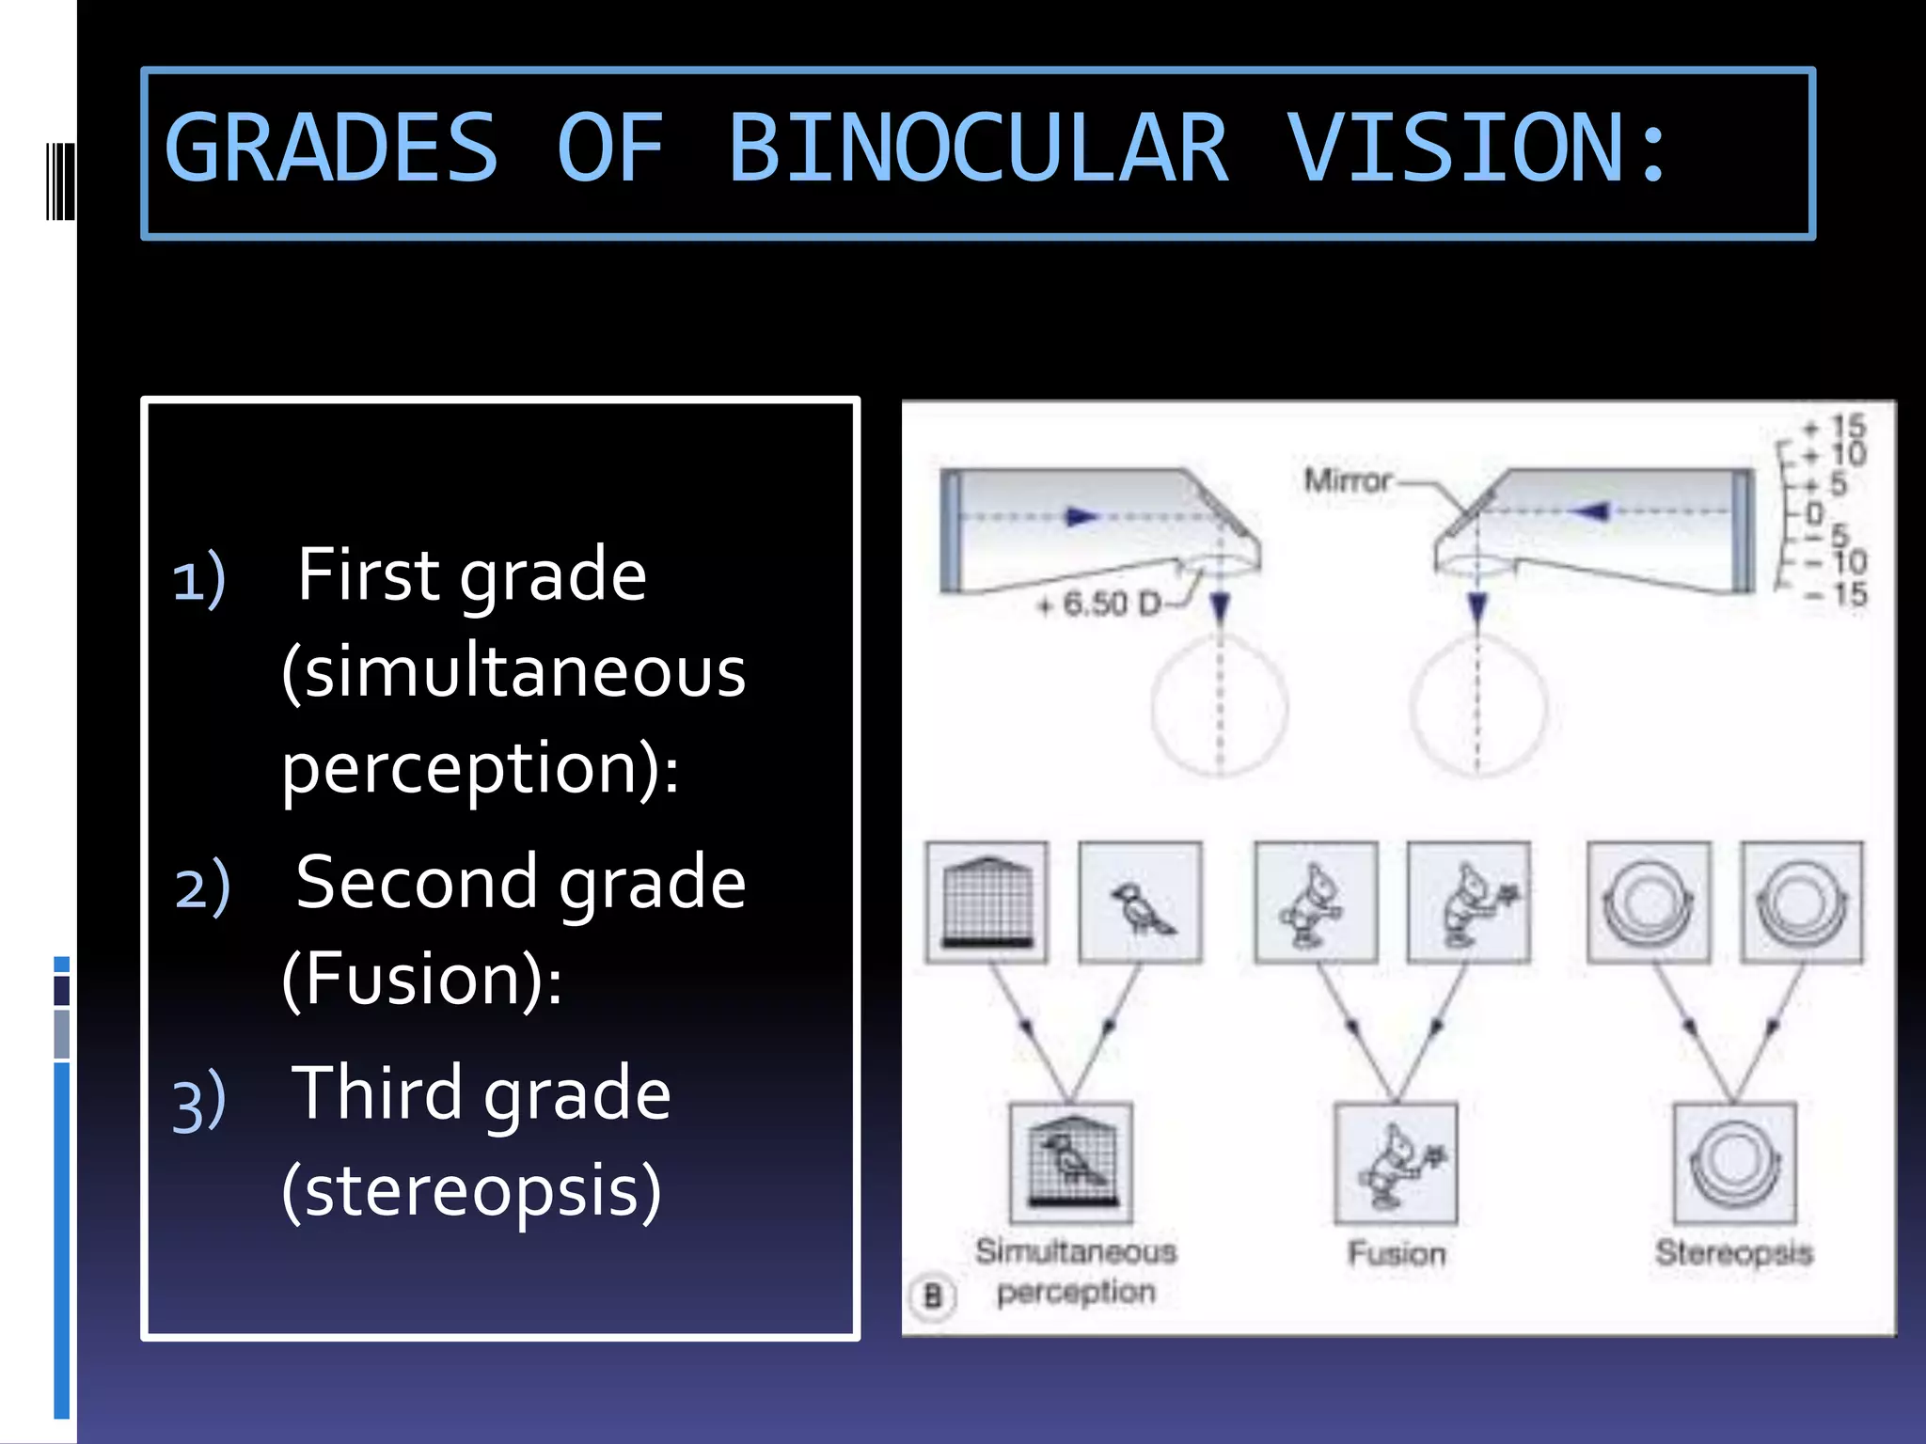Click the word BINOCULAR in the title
978,149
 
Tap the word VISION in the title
1456,149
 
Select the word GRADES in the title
331,149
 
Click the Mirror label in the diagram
1347,480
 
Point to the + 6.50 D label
1098,604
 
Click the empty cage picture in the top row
987,902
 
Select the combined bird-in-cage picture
1070,1162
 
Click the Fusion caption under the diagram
1397,1253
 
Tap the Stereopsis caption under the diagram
1733,1252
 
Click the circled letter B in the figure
933,1296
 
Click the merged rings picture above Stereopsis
1735,1162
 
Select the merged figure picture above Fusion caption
1397,1162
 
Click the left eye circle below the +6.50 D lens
1219,705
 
